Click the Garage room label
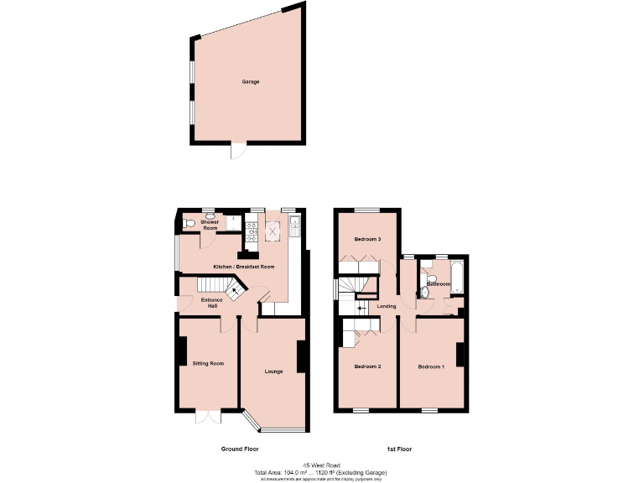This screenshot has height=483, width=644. [250, 82]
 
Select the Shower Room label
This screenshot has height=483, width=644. [210, 225]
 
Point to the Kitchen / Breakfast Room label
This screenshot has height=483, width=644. [244, 267]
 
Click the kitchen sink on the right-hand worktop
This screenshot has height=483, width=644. [294, 224]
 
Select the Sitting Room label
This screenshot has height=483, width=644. [208, 363]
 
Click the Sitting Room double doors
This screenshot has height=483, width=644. [206, 417]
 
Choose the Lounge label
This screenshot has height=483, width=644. [273, 371]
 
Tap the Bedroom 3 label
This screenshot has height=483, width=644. [367, 239]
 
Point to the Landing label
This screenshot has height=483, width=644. [387, 306]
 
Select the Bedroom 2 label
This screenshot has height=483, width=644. [367, 366]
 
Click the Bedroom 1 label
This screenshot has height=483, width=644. [431, 366]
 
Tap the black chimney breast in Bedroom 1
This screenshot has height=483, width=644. [460, 355]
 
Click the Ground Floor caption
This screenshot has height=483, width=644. [239, 449]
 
